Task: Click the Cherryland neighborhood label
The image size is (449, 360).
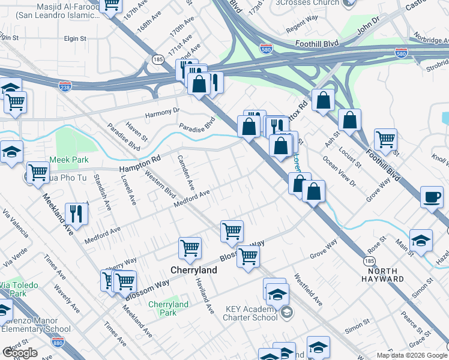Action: tap(194, 271)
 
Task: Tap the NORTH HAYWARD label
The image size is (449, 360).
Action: tap(382, 275)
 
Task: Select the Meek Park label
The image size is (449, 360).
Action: tap(69, 160)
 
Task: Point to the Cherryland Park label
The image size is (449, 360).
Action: tap(168, 308)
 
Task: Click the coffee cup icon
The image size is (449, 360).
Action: tap(432, 197)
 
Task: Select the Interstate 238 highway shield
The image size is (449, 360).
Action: tap(65, 86)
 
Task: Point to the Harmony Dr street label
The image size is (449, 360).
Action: tap(160, 111)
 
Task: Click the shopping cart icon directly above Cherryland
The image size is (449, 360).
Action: tap(190, 247)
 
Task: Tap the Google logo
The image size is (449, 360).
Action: tap(20, 353)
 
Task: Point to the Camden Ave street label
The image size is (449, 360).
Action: tap(185, 170)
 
